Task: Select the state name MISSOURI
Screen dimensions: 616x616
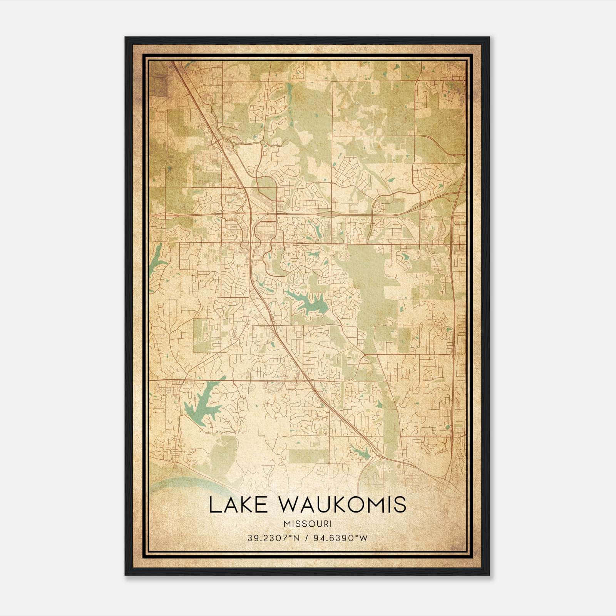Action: [307, 524]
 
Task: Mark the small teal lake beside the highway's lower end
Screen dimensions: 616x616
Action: [360, 452]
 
